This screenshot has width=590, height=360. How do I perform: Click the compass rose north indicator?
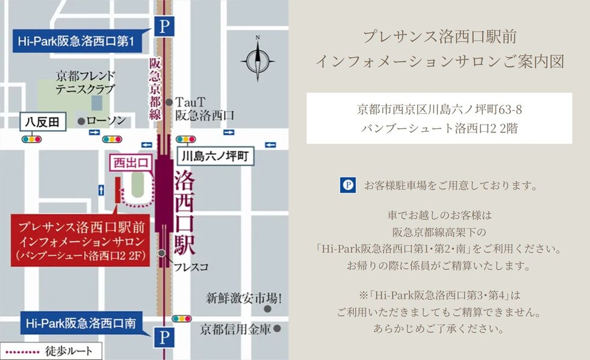pyautogui.click(x=258, y=59)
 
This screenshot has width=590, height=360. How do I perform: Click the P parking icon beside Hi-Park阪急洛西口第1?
pyautogui.click(x=164, y=26)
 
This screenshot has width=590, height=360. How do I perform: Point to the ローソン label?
pyautogui.click(x=106, y=120)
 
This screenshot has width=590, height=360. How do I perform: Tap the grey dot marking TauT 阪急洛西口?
pyautogui.click(x=170, y=103)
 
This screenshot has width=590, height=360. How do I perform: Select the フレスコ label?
pyautogui.click(x=191, y=265)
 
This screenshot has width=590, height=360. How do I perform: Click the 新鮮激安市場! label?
pyautogui.click(x=244, y=297)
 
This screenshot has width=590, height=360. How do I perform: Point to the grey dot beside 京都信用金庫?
pyautogui.click(x=278, y=329)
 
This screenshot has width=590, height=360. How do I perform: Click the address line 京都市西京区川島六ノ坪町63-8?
pyautogui.click(x=439, y=110)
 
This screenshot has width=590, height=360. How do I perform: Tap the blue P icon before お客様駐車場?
pyautogui.click(x=347, y=185)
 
